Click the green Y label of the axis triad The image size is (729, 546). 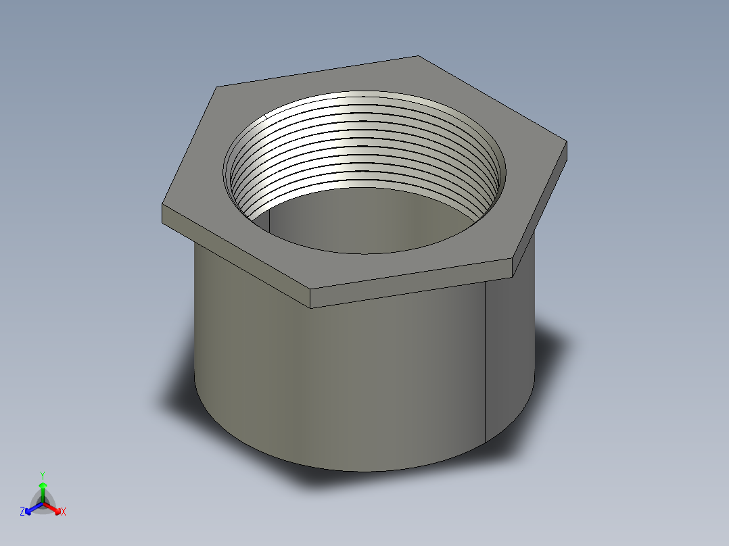(42, 474)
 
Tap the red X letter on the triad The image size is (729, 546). (63, 512)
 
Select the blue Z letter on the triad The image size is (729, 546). (22, 512)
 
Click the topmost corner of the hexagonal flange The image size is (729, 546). (418, 56)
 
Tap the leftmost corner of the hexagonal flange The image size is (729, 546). (162, 205)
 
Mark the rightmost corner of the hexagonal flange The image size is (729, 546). (566, 142)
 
